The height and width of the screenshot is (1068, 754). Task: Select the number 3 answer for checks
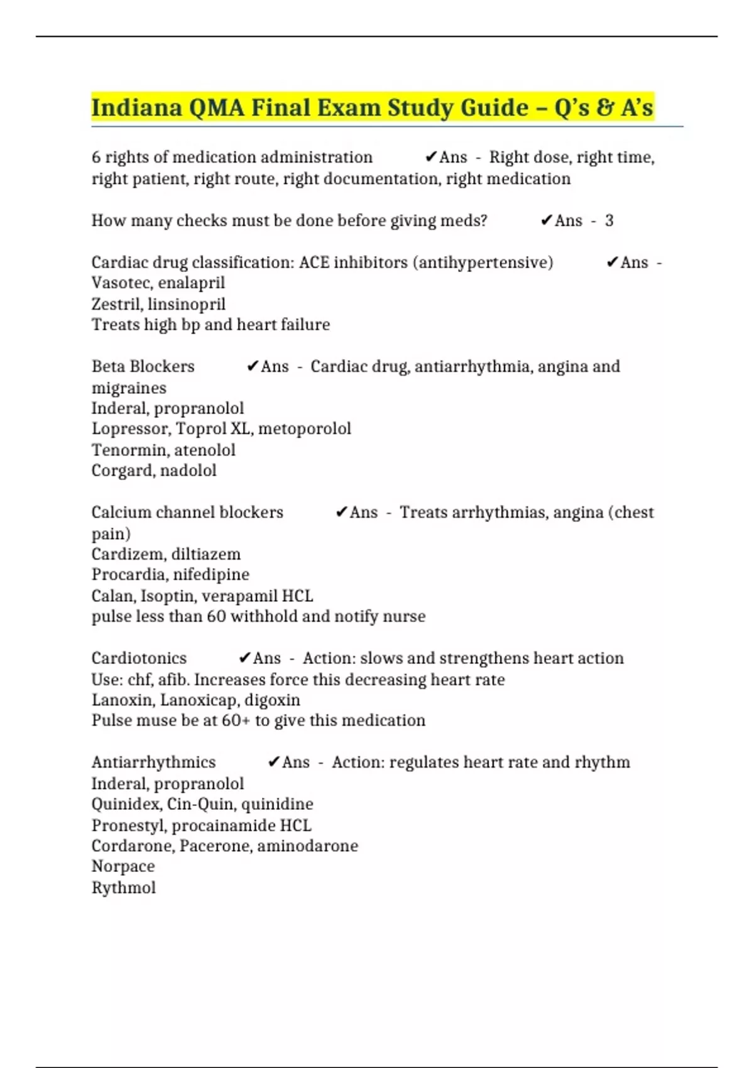(609, 221)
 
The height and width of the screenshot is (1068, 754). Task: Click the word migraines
(129, 388)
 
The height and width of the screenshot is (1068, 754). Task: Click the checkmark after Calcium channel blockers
(342, 512)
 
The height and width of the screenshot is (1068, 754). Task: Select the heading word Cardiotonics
(139, 658)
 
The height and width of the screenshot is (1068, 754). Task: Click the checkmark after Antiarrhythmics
(273, 762)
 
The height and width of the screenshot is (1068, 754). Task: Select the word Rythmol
(124, 888)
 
